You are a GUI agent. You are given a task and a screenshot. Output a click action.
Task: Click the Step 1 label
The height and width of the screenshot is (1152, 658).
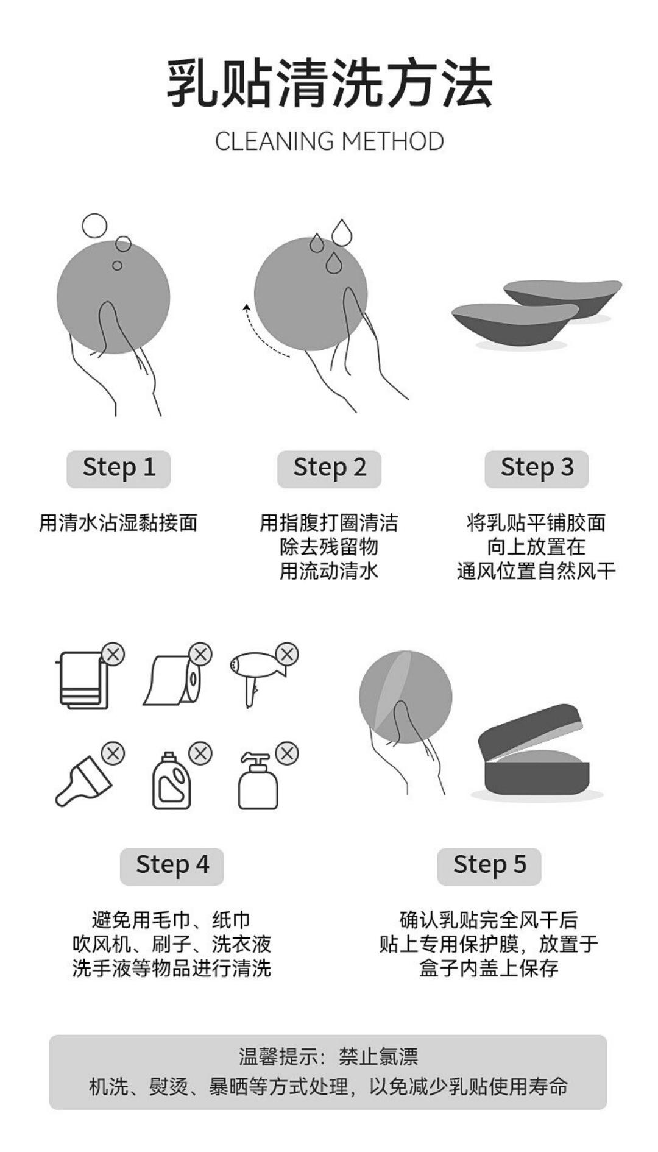[119, 468]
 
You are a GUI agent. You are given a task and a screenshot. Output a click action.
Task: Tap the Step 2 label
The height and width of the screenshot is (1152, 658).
[330, 468]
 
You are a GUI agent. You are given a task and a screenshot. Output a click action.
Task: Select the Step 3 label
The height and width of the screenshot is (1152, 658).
[537, 468]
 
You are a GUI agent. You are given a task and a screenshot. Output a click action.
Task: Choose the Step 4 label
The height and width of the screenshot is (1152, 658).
[172, 866]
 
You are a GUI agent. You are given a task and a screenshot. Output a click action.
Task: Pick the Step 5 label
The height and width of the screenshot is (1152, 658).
[489, 866]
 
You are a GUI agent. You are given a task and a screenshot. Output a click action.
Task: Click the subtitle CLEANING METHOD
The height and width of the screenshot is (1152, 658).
[329, 141]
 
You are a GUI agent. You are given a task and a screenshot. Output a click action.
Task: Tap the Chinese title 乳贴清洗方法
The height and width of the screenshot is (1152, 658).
[329, 84]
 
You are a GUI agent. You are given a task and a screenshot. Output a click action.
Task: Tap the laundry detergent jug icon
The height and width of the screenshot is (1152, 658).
[171, 781]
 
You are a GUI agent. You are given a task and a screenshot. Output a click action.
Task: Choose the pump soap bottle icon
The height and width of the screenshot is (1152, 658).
[258, 781]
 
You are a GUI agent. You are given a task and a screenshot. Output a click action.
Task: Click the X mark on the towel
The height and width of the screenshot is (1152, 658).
[113, 655]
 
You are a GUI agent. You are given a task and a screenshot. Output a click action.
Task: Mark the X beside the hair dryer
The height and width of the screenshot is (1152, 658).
[287, 655]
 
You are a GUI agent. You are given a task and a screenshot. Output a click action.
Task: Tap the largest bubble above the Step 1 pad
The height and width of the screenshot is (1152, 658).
[94, 226]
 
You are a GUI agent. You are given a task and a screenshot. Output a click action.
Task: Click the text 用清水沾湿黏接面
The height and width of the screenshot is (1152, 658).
[119, 523]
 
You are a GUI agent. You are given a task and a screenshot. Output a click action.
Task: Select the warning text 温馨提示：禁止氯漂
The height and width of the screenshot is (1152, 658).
[328, 1056]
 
